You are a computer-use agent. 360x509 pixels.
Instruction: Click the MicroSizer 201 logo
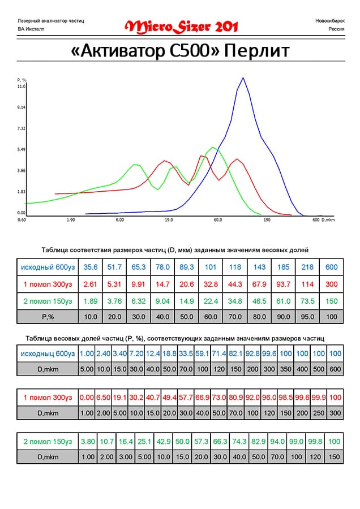(x=181, y=26)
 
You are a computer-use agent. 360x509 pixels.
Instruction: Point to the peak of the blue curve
(x=243, y=78)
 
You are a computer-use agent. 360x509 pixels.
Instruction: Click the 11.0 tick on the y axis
(x=22, y=87)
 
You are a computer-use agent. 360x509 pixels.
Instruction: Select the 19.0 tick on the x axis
(x=169, y=219)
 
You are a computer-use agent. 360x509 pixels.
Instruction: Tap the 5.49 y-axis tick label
(x=22, y=149)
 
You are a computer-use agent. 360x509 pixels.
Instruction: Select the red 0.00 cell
(x=86, y=397)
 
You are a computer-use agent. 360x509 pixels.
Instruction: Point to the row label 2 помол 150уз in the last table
(x=48, y=441)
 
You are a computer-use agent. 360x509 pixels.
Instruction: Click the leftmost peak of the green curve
(x=135, y=165)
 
